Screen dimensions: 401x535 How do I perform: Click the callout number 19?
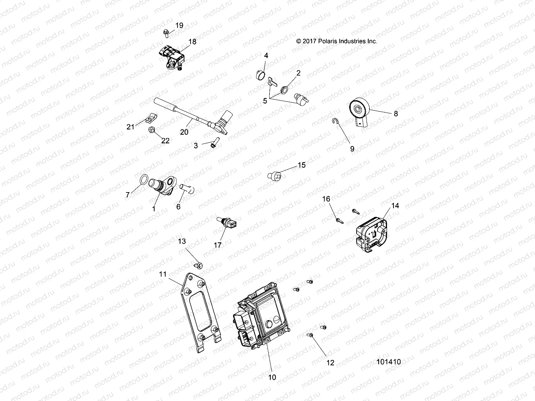tap(179, 25)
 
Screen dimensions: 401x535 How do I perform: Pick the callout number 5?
tap(265, 101)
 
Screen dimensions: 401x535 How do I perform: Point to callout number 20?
tap(184, 132)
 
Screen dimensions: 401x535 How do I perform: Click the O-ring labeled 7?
tap(143, 180)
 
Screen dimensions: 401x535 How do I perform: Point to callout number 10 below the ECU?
tap(272, 377)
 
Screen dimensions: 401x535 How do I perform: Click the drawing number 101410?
tap(389, 362)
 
